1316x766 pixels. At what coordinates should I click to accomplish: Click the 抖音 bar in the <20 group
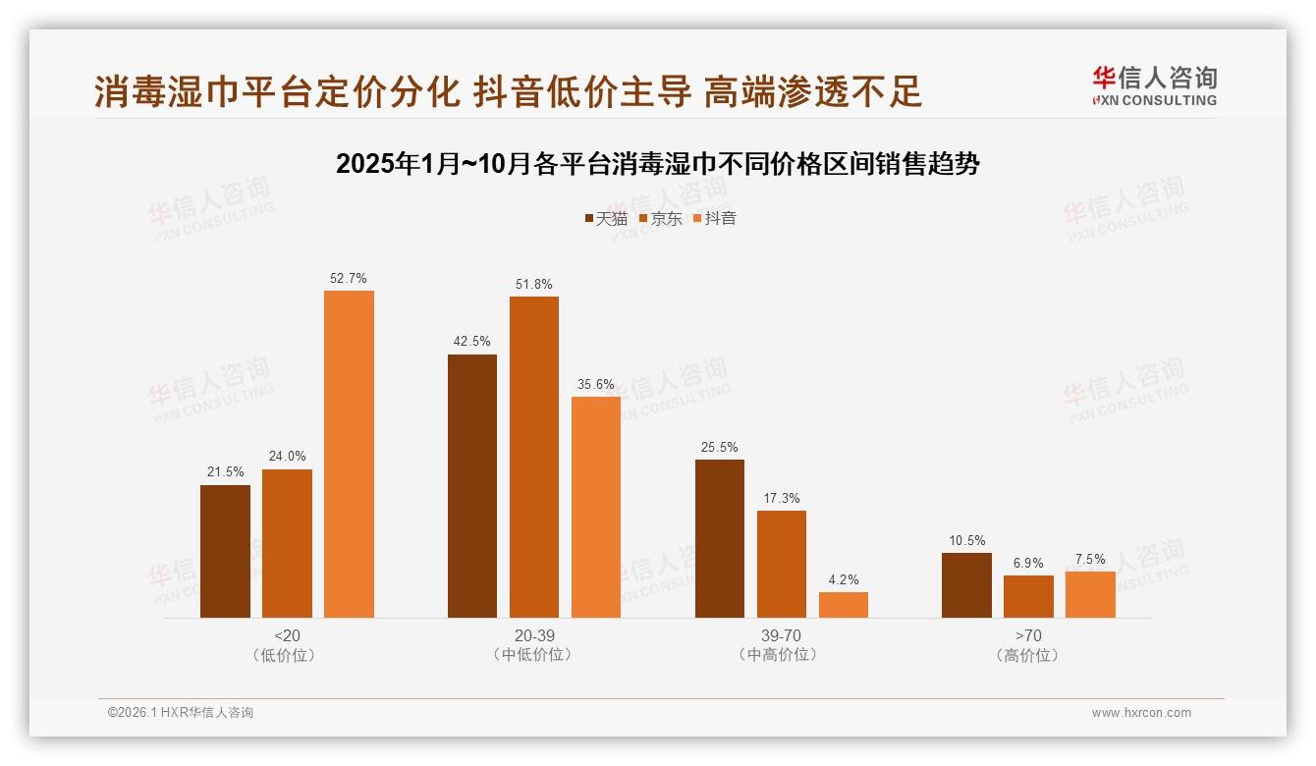349,454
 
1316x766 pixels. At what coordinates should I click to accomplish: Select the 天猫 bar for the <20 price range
225,551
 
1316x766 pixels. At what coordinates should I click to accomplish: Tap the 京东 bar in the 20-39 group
534,457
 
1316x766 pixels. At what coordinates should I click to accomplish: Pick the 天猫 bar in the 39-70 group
720,538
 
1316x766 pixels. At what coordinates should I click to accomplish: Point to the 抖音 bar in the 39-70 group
844,604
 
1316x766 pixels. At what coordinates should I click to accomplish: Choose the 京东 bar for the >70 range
1028,596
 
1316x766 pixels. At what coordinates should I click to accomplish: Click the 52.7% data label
349,279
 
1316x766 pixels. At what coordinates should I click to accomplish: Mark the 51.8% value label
534,285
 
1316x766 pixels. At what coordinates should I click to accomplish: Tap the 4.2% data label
844,580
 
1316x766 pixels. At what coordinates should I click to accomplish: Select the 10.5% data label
967,541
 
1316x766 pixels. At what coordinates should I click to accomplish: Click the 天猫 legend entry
606,218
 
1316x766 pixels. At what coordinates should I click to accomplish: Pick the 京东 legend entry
661,218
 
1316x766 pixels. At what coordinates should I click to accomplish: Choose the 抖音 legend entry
715,218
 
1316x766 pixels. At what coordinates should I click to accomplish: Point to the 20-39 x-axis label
534,635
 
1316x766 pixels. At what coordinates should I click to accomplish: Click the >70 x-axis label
1028,635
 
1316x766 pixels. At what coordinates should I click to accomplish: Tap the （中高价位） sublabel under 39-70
782,655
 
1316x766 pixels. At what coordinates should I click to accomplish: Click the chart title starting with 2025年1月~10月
658,164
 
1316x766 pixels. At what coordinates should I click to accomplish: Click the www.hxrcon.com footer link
1141,713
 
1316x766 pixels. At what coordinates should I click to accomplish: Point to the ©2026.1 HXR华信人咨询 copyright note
181,713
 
